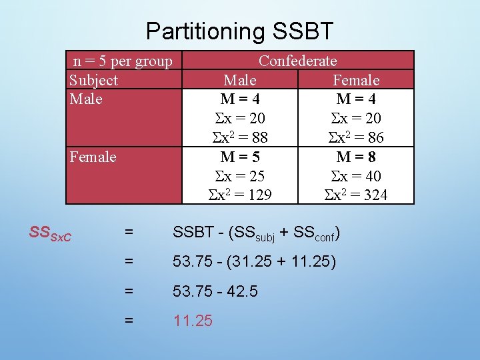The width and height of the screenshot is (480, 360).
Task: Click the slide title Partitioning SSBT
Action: click(x=239, y=31)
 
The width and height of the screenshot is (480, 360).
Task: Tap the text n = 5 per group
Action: click(x=123, y=61)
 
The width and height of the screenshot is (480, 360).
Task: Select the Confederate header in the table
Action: click(x=297, y=61)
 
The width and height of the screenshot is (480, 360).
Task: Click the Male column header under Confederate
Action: click(x=240, y=80)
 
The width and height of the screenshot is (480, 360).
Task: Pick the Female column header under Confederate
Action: click(x=356, y=80)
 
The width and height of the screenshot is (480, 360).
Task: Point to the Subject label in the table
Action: click(x=93, y=80)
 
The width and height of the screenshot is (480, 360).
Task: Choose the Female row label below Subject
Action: click(x=93, y=157)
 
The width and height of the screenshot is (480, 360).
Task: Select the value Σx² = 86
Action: click(x=354, y=138)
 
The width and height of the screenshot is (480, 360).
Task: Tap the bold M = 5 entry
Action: click(x=240, y=157)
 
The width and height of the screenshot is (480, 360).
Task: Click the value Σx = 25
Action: click(x=240, y=176)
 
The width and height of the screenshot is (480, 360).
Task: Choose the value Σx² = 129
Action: click(x=240, y=195)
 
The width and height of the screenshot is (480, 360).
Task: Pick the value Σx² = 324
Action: click(x=355, y=195)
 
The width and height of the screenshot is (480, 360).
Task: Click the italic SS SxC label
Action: click(x=51, y=233)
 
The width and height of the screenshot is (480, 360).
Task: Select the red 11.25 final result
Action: click(x=193, y=321)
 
